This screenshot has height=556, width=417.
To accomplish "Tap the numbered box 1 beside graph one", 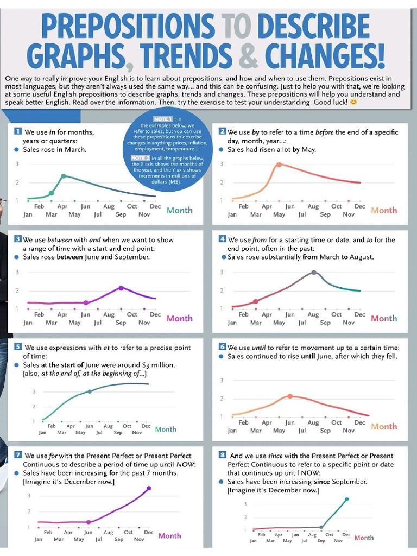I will (18, 131).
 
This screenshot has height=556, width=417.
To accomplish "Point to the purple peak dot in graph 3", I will (121, 288).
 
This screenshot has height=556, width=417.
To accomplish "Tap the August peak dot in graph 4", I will (314, 273).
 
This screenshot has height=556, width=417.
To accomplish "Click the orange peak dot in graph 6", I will (290, 396).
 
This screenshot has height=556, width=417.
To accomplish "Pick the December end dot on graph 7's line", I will (149, 488).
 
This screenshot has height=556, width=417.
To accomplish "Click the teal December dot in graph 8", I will (346, 499).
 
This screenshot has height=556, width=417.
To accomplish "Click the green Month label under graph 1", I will (179, 210).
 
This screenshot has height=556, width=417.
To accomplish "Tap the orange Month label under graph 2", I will (384, 210).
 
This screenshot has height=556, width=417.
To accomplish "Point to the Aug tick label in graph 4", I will (313, 314).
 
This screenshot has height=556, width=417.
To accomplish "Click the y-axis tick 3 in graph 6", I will (222, 380).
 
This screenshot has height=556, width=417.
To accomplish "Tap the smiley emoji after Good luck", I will (353, 102).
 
